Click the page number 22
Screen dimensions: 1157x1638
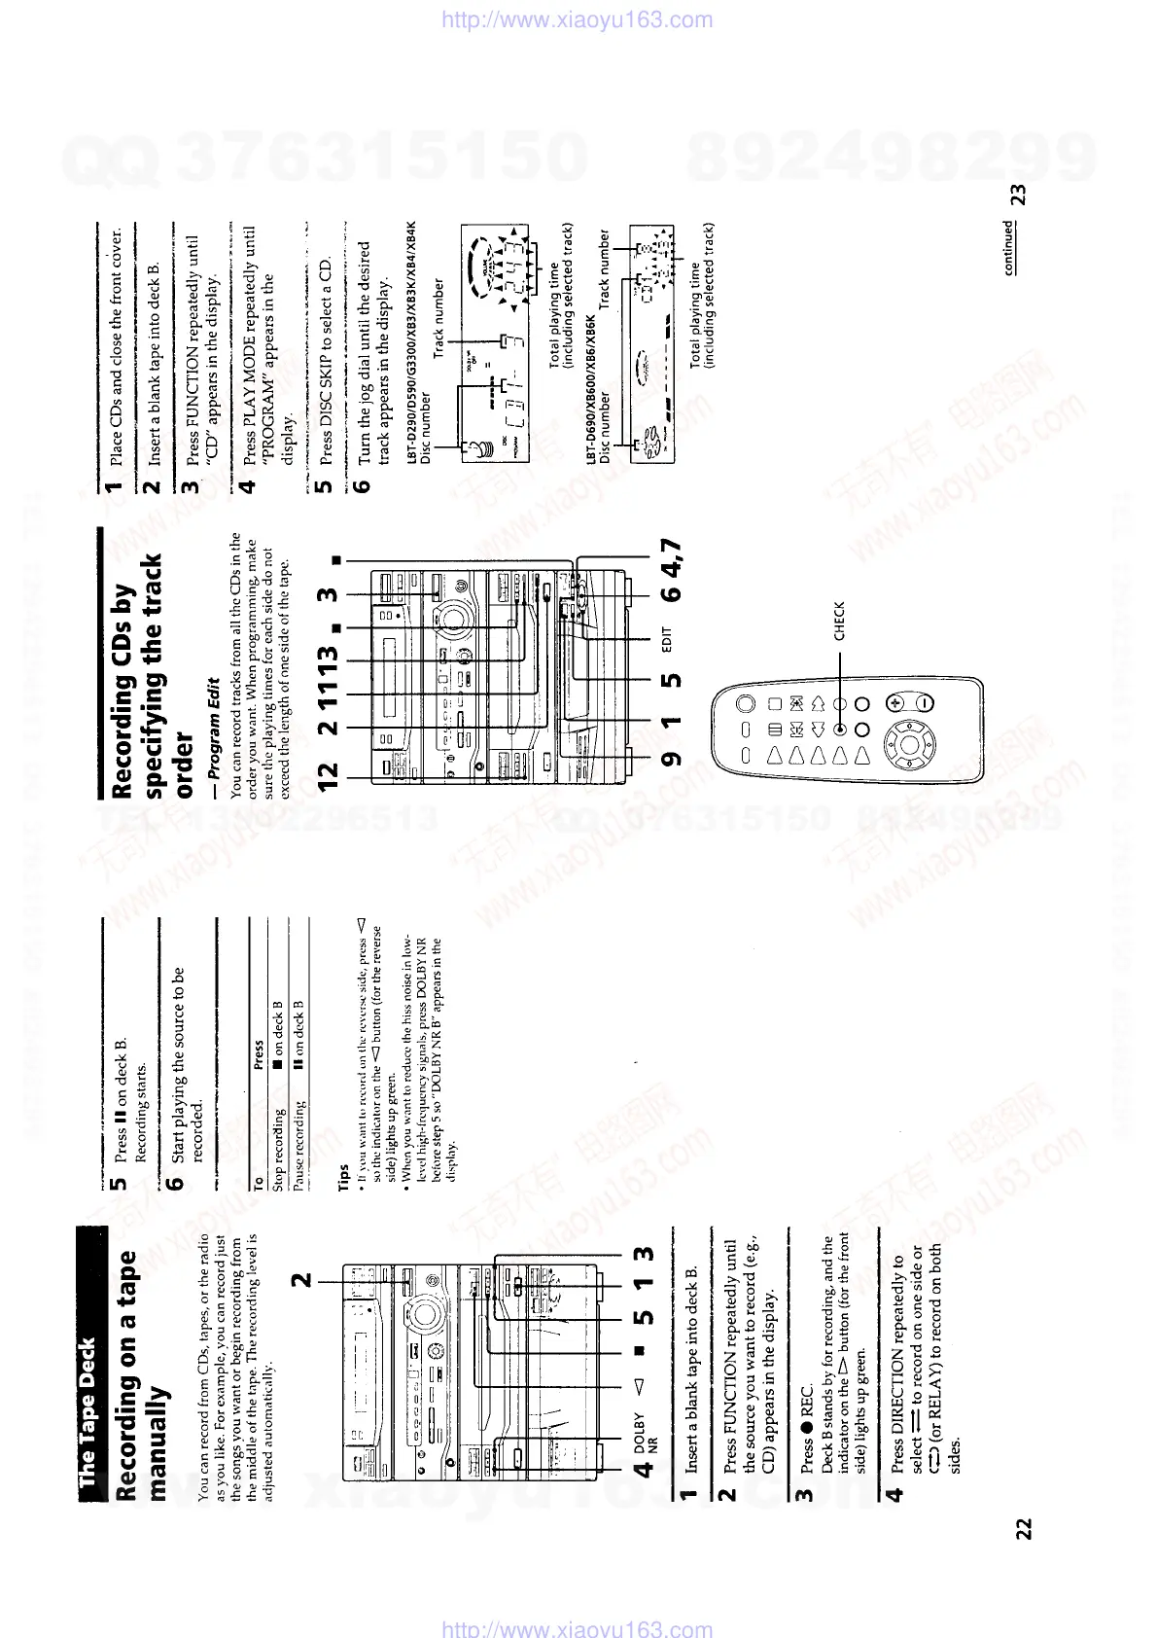1023,1528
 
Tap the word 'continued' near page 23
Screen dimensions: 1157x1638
1008,247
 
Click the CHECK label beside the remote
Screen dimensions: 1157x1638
839,622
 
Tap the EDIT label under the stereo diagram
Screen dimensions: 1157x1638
667,639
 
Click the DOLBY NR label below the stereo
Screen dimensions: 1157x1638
645,1431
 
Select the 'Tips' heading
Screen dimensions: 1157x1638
342,1173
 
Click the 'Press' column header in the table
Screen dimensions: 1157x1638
259,1054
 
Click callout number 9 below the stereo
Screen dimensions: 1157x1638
672,759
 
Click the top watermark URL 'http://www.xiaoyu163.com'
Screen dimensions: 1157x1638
578,19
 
